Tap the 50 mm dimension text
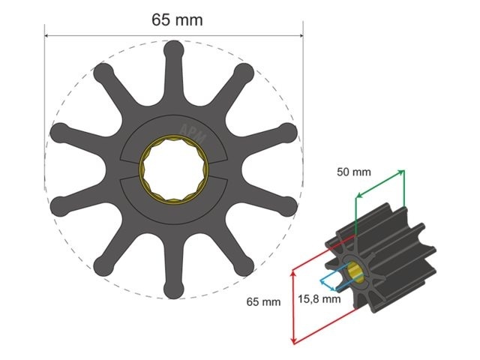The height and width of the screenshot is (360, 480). click(x=353, y=172)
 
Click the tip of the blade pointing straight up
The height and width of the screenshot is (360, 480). click(x=173, y=49)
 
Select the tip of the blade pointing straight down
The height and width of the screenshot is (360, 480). click(x=173, y=289)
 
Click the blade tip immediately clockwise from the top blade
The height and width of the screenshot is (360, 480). click(x=244, y=72)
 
